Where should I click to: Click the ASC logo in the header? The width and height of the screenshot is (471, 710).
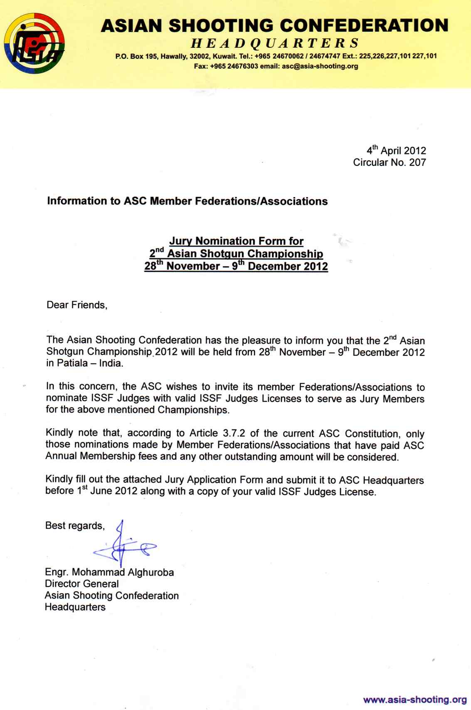point(34,43)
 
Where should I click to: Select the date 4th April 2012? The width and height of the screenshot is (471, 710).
point(396,151)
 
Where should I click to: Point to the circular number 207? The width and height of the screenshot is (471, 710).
point(417,163)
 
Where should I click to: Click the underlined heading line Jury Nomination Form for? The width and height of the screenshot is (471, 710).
point(236,241)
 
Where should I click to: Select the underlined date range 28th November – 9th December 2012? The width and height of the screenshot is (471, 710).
point(236,266)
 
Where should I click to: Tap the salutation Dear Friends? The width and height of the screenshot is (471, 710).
point(77,305)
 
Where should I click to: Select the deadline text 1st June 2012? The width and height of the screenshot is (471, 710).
point(107,491)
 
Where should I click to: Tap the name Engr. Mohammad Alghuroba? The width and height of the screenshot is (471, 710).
point(109,572)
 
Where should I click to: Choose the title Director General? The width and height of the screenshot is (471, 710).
point(82,584)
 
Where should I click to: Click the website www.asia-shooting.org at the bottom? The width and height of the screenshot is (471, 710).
point(415,700)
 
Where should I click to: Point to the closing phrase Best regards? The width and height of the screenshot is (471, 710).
point(75,526)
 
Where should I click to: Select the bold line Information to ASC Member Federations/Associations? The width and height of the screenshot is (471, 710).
point(187,201)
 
